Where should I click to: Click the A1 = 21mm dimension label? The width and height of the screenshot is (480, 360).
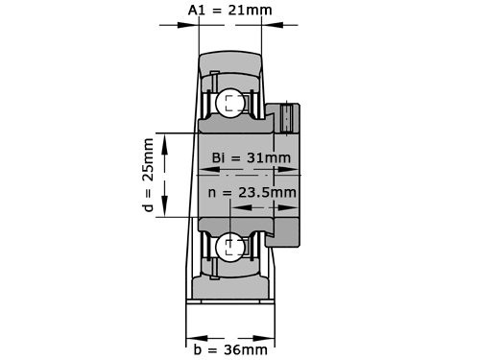pos(228,12)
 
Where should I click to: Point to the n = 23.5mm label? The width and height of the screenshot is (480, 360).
pos(252,192)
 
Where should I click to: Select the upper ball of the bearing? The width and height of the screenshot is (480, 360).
pos(230,104)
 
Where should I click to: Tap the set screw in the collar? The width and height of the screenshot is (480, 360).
pos(287,118)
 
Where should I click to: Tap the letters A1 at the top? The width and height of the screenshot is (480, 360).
pos(196,12)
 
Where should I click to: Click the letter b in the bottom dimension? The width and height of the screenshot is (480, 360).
pos(197,349)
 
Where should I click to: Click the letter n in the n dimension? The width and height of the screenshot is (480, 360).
pos(213,193)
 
